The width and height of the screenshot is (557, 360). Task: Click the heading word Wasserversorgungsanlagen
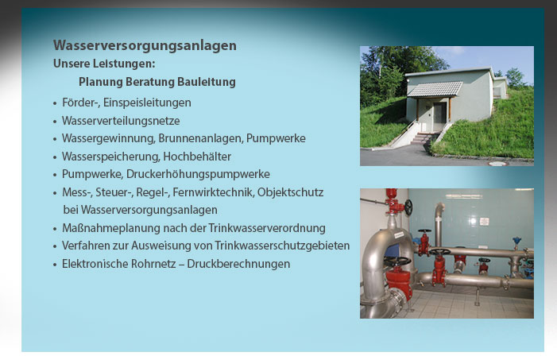pos(145,46)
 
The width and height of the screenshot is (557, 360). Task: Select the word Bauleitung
pos(207,82)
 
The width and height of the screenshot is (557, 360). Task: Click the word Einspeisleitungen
pos(147,103)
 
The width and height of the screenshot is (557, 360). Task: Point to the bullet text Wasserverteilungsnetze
pos(121,121)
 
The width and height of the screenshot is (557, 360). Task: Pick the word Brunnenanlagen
pos(201,138)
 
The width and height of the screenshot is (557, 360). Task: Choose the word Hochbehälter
pos(197,157)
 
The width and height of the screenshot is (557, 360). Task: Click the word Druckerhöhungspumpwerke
pos(198,174)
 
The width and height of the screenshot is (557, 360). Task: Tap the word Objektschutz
pos(290,192)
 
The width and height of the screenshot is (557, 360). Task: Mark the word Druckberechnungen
pos(238,264)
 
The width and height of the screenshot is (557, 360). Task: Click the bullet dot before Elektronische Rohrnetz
pos(55,265)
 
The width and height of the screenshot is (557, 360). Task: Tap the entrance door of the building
pos(439,118)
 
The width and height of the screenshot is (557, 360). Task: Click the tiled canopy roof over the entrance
pos(435,89)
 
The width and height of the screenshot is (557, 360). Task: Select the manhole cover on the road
pos(498,164)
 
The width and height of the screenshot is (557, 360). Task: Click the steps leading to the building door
pos(422,138)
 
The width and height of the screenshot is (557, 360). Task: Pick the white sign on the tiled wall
pos(484,221)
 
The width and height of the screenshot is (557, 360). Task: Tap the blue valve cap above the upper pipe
pos(516,240)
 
